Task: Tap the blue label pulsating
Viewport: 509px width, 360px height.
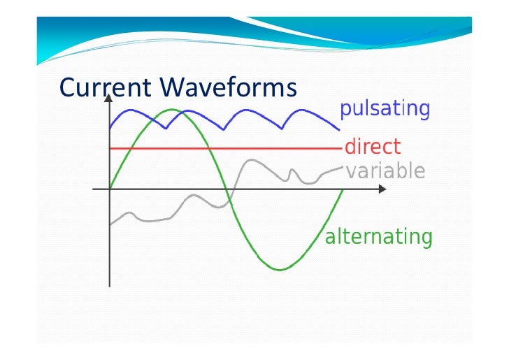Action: [x=384, y=109]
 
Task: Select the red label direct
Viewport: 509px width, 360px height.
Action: [x=372, y=147]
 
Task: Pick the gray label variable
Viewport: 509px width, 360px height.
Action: [x=385, y=171]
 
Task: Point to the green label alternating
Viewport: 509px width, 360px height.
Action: [x=378, y=237]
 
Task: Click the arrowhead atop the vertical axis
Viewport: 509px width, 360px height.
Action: [x=109, y=98]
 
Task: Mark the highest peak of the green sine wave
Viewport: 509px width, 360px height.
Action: [x=170, y=110]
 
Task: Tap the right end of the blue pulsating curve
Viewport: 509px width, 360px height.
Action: [x=340, y=129]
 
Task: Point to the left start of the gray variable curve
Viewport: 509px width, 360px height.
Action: [x=110, y=225]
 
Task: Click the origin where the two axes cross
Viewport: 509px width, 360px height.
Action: [x=110, y=189]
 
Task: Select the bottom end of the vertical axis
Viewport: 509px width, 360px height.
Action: [x=110, y=286]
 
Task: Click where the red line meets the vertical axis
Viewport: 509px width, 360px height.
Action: [x=110, y=148]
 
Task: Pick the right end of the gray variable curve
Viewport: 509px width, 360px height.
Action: [x=343, y=167]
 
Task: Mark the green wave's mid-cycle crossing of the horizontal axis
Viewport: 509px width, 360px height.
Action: [x=226, y=189]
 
